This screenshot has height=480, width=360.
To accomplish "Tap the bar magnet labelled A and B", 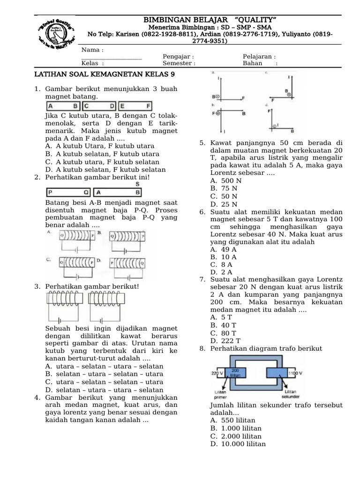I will coord(63,106).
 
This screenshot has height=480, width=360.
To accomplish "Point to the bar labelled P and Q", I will coord(68,192).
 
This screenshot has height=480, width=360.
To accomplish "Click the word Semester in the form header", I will coord(179,64).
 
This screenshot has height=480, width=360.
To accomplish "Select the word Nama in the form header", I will coord(92,50).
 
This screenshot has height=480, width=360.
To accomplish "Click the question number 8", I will coord(202,349).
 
